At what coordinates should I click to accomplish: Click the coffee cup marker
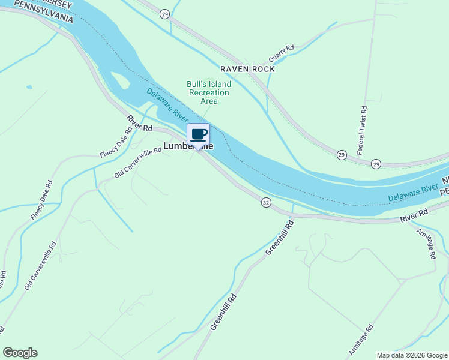pos(199,134)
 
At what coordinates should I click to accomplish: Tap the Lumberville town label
pos(188,146)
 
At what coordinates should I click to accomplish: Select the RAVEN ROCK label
pos(247,69)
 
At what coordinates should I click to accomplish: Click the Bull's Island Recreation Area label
pos(209,92)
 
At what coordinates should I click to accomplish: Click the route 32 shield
pos(265,203)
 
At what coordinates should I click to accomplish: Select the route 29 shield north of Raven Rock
pos(165,13)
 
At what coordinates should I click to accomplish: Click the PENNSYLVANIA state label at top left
pos(43,11)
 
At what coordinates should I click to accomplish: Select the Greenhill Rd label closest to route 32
pos(280,236)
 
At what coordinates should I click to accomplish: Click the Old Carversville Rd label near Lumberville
pos(138,163)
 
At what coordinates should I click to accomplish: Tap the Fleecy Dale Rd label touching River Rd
pos(116,143)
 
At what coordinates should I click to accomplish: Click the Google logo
pos(20,353)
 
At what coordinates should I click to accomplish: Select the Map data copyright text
pos(412,355)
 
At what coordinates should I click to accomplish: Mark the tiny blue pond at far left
pos(29,87)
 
